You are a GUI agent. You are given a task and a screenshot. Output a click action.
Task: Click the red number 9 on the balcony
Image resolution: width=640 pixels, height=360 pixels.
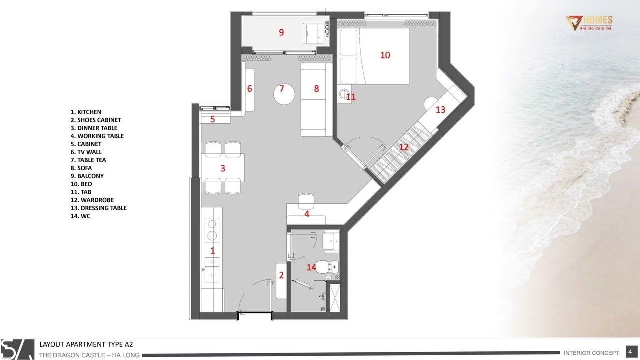pyautogui.click(x=281, y=32)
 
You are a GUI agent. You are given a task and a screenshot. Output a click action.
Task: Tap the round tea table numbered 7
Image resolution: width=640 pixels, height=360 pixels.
pyautogui.click(x=284, y=94)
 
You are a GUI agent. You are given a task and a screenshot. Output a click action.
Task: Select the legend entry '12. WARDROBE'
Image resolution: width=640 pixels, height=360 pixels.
pyautogui.click(x=92, y=200)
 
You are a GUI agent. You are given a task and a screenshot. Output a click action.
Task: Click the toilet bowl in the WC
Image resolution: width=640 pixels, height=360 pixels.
pyautogui.click(x=325, y=267)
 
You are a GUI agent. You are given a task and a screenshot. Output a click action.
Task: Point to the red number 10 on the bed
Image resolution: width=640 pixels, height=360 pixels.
pyautogui.click(x=385, y=55)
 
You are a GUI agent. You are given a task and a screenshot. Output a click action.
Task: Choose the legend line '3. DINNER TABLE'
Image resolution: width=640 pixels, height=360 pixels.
pyautogui.click(x=94, y=128)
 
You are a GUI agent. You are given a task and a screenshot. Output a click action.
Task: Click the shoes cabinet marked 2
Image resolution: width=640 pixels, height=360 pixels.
pyautogui.click(x=281, y=281)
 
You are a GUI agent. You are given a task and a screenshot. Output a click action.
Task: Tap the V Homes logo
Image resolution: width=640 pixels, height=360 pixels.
pyautogui.click(x=589, y=23)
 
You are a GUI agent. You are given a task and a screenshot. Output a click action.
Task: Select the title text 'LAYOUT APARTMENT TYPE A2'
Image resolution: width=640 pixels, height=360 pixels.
pyautogui.click(x=86, y=344)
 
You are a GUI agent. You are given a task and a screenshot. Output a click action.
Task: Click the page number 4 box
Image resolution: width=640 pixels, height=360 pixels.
pyautogui.click(x=630, y=352)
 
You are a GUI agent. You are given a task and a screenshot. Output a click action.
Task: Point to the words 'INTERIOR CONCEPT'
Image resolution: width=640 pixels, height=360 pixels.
pyautogui.click(x=591, y=353)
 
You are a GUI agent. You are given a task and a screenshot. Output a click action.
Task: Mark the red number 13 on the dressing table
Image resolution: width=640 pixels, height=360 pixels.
pyautogui.click(x=440, y=109)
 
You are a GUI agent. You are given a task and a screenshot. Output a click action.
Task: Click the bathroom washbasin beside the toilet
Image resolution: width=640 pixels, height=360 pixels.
pyautogui.click(x=331, y=241)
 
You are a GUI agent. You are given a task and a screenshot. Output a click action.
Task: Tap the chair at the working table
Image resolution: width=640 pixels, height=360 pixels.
pyautogui.click(x=306, y=201)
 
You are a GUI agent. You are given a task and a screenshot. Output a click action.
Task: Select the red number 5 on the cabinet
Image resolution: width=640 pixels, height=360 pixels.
pyautogui.click(x=212, y=119)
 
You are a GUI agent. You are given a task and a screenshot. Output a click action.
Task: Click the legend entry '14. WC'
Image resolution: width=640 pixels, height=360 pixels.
pyautogui.click(x=80, y=216)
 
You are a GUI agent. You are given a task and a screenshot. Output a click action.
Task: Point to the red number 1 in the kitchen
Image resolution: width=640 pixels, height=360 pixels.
pyautogui.click(x=213, y=251)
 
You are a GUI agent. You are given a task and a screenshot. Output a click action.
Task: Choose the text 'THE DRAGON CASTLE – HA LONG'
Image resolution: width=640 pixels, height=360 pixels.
pyautogui.click(x=89, y=355)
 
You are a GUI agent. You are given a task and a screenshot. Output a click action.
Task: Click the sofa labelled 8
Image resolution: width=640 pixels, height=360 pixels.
pyautogui.click(x=316, y=99)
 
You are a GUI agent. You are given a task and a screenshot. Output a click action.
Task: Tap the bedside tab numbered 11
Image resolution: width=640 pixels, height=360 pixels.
pyautogui.click(x=344, y=94)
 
